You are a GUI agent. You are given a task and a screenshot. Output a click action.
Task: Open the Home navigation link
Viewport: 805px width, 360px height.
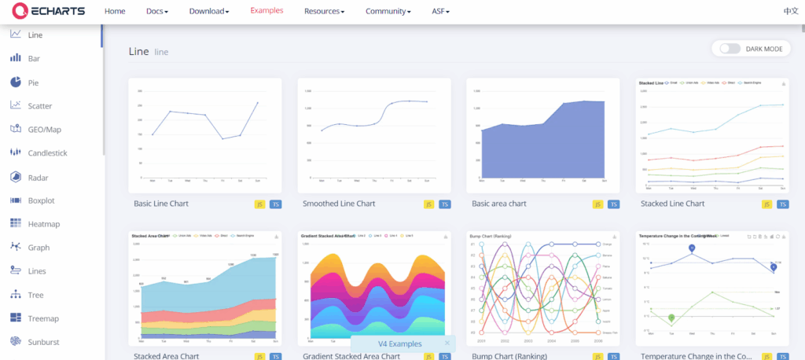115,12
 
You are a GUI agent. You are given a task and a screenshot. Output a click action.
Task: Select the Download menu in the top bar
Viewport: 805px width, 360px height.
210,12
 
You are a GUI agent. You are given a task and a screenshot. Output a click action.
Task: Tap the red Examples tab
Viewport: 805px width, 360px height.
266,11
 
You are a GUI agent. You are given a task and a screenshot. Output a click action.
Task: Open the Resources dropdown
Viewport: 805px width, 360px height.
324,12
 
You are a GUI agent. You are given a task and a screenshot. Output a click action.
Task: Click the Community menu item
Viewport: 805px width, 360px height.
388,12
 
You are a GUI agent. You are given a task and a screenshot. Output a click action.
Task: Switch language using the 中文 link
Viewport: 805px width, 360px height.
790,12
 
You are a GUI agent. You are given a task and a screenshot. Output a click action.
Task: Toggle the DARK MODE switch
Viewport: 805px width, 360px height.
730,49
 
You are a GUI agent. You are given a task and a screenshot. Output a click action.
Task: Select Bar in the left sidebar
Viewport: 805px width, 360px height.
34,59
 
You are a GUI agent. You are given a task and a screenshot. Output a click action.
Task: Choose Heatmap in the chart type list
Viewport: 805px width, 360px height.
44,224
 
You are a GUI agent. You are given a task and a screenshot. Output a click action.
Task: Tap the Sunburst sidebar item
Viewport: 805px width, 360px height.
44,342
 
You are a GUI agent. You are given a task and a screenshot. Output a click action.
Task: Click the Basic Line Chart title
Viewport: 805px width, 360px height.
161,204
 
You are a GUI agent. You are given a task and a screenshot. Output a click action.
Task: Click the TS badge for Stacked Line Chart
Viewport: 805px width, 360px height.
782,204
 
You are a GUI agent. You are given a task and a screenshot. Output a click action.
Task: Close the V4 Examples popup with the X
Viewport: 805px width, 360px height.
447,343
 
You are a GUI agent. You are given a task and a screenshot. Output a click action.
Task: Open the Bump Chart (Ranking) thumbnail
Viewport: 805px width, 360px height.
542,288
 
